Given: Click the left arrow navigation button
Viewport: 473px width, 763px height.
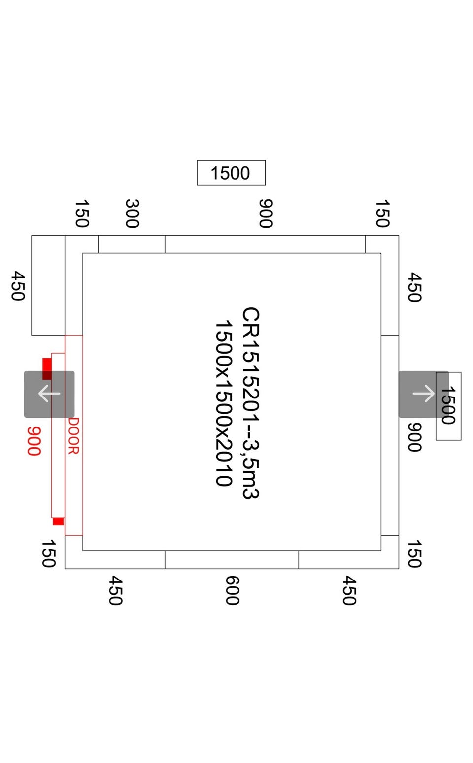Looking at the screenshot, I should [x=49, y=394].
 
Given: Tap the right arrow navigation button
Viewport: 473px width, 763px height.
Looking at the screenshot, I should [x=423, y=394].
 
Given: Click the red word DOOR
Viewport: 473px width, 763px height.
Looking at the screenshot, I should [x=73, y=436].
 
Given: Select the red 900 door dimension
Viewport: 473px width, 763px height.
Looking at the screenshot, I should [x=34, y=441].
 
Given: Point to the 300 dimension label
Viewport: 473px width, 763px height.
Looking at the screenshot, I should [x=132, y=214].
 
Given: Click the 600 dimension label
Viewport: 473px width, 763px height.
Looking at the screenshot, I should [x=232, y=590].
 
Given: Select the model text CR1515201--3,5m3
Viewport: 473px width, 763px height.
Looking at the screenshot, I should [x=250, y=403].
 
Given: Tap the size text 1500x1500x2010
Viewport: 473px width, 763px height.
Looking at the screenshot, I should [x=223, y=403].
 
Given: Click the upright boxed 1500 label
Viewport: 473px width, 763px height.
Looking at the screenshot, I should [x=231, y=173].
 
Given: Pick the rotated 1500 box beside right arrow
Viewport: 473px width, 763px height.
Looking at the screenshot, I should [x=448, y=406].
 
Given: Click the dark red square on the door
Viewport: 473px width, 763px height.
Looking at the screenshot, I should [x=47, y=368].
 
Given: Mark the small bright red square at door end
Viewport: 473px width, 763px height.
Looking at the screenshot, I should [x=58, y=521].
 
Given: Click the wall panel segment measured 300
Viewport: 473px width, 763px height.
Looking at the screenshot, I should [x=132, y=244].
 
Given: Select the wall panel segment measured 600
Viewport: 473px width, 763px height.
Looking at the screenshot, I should [x=232, y=560].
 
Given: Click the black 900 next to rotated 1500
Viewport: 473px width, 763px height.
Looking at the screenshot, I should [x=414, y=437].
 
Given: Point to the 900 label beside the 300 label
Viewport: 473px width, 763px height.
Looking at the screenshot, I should [x=266, y=214].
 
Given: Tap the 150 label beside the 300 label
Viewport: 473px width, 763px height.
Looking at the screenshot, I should [x=81, y=214].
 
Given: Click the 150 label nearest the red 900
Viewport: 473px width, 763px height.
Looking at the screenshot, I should [x=48, y=553].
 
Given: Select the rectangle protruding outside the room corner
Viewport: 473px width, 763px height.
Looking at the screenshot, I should [x=48, y=285].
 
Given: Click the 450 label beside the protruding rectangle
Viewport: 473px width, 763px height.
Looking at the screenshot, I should [x=18, y=285].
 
